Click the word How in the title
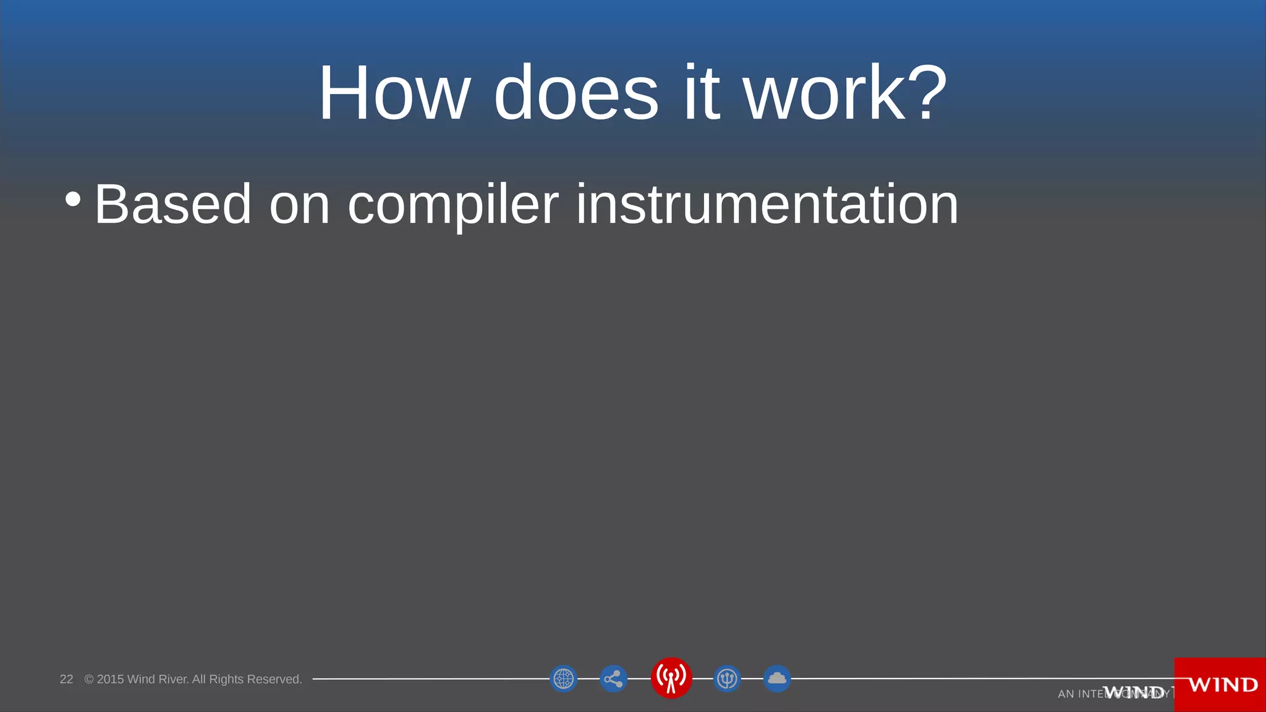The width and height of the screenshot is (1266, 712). click(x=394, y=93)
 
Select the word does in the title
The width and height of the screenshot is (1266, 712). click(x=576, y=93)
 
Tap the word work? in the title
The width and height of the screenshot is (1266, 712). click(x=845, y=93)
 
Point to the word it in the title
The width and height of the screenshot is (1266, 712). click(x=702, y=93)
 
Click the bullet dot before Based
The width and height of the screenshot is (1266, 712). click(x=73, y=199)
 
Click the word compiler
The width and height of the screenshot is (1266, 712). click(x=453, y=205)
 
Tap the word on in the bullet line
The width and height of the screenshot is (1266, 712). click(x=299, y=205)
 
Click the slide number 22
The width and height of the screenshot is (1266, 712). click(x=66, y=679)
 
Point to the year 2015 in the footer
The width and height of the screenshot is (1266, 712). click(x=110, y=679)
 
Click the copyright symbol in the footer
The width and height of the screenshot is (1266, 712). click(x=89, y=679)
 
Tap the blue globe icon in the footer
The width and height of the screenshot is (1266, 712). click(x=563, y=679)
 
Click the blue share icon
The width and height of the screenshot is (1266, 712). click(x=613, y=679)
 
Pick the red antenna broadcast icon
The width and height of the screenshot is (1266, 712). click(x=671, y=677)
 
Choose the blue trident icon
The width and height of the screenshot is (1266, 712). click(x=727, y=679)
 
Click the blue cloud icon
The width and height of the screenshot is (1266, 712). click(x=777, y=679)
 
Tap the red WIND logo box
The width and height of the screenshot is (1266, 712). click(x=1220, y=684)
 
